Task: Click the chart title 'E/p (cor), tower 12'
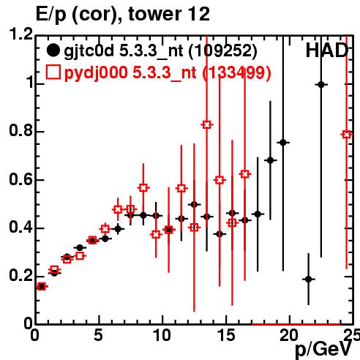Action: [x=123, y=15]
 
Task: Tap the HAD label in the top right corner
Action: [x=326, y=50]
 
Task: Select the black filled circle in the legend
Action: [x=53, y=50]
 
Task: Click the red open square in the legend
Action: [x=53, y=72]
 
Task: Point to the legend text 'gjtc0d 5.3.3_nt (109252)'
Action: [x=160, y=51]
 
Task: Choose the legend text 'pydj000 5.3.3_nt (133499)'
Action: [x=168, y=73]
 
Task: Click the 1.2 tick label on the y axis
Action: [x=21, y=34]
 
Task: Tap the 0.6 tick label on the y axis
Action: [x=21, y=180]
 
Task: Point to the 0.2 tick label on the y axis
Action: [x=21, y=276]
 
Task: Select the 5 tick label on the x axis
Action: [x=98, y=335]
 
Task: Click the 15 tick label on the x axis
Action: [x=226, y=335]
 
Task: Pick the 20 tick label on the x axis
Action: [x=290, y=335]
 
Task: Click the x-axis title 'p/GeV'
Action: [x=323, y=350]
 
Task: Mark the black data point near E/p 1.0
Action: [x=321, y=85]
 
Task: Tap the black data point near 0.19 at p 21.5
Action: [x=309, y=279]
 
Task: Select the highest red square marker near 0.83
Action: [x=207, y=125]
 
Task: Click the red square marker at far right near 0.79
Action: [x=347, y=135]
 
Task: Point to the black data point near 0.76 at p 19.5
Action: [x=283, y=143]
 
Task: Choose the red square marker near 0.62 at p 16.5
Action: [x=245, y=174]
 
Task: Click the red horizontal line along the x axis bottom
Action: [x=296, y=324]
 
